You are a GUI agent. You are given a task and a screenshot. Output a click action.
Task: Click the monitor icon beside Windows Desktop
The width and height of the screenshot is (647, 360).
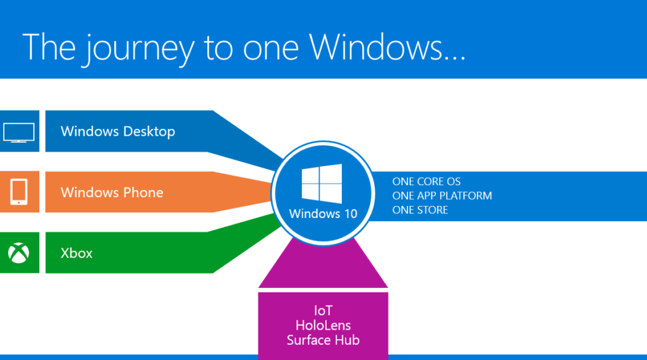tap(18, 132)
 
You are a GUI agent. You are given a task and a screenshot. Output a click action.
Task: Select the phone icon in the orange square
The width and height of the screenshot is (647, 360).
tap(18, 192)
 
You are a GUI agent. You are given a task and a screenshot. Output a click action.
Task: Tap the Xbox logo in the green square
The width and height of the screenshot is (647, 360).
tap(18, 253)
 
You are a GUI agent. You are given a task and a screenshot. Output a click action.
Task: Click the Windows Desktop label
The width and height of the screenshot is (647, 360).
tap(118, 131)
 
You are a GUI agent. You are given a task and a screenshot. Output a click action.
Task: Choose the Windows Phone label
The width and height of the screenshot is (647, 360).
tap(112, 192)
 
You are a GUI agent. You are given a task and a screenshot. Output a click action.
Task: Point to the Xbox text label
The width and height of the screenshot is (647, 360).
tap(76, 253)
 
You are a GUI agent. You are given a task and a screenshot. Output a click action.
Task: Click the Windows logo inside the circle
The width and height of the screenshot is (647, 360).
tap(322, 184)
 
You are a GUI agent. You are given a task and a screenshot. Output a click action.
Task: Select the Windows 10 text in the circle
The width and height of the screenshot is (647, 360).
tap(323, 213)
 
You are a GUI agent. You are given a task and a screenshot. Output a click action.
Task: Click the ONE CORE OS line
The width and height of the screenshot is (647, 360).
tap(426, 181)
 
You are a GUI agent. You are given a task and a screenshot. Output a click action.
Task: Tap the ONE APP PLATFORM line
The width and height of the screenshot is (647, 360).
tap(442, 196)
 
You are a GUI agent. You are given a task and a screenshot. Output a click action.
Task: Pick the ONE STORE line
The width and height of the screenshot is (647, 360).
tap(420, 210)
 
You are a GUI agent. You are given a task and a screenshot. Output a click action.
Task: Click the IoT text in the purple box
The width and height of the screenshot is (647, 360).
tap(323, 311)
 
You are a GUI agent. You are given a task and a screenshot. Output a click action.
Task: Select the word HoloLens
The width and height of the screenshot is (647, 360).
tap(323, 325)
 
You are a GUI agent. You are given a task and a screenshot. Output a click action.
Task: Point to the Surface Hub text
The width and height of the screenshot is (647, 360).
tap(323, 340)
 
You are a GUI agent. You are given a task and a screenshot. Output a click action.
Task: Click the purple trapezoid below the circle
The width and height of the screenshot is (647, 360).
tap(323, 268)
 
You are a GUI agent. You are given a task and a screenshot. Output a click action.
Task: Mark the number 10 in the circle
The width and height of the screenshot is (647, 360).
tap(349, 213)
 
